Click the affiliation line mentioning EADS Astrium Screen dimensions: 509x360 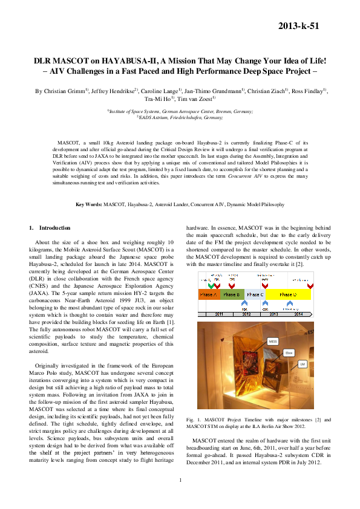tap(180, 117)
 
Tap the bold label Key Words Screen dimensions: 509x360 tap(88, 205)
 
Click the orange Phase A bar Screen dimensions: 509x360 tap(207, 294)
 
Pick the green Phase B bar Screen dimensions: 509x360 tap(232, 294)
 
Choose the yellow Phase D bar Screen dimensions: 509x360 tap(288, 294)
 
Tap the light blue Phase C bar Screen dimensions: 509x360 tap(255, 294)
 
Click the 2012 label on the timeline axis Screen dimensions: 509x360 tap(246, 314)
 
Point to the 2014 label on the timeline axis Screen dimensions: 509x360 tap(298, 314)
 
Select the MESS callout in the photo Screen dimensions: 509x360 tap(273, 342)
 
